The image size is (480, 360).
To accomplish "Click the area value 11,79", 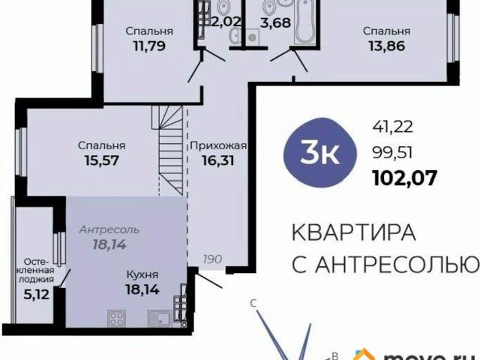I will point(149,45).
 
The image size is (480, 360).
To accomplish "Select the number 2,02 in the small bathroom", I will point(226,21).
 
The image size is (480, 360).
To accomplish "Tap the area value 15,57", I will point(101,159).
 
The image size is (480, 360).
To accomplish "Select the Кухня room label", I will point(141,272).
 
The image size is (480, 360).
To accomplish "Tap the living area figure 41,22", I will point(391,128).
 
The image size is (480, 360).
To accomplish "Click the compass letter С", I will point(253,303).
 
